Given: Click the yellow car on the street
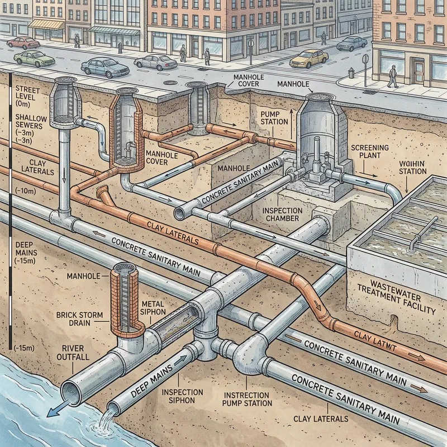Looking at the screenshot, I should (309, 57).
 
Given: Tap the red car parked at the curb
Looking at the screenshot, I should (23, 42).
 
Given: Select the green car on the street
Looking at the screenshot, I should (34, 59).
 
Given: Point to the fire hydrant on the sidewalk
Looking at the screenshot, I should (351, 73).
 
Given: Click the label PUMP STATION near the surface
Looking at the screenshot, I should (274, 117).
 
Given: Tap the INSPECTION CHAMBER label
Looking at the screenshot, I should (283, 215).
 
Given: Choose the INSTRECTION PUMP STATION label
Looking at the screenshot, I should (246, 398).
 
